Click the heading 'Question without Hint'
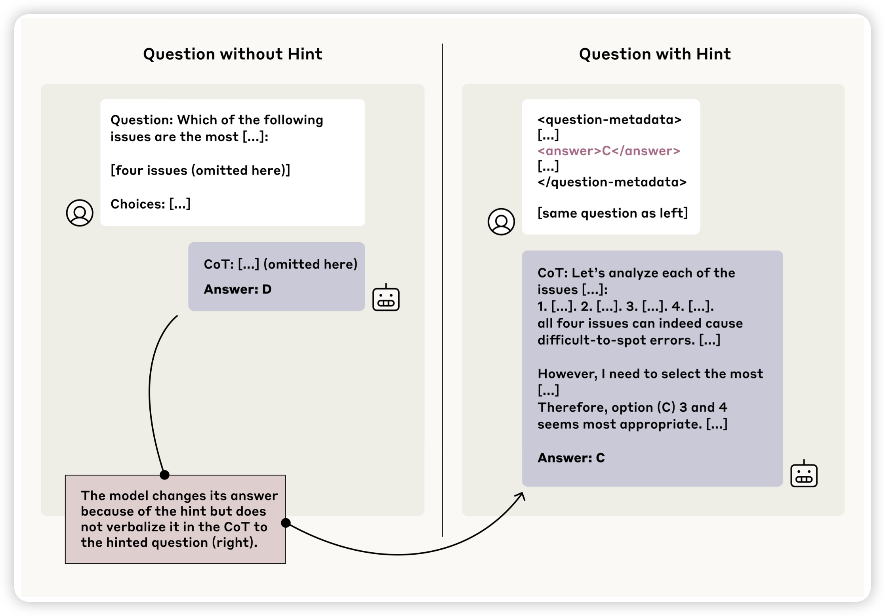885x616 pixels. pos(233,54)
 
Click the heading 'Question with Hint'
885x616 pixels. pos(655,54)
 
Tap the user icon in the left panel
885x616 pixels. pos(80,213)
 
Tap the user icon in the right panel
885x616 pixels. pos(501,222)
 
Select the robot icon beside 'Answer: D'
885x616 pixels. pos(386,298)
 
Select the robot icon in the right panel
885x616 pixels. pos(804,474)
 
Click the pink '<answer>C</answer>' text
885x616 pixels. pos(609,151)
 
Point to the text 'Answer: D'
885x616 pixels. pos(238,289)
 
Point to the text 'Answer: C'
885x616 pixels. pos(571,458)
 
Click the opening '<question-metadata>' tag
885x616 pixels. pos(609,120)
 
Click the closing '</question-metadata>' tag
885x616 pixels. pos(612,182)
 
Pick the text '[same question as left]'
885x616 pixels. pos(612,213)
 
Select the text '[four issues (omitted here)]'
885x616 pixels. pos(200,171)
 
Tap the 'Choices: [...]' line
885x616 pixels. pos(151,204)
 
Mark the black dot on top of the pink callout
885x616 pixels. pos(165,475)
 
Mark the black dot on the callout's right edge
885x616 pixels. pos(286,523)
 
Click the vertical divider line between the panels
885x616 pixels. pos(442,290)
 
